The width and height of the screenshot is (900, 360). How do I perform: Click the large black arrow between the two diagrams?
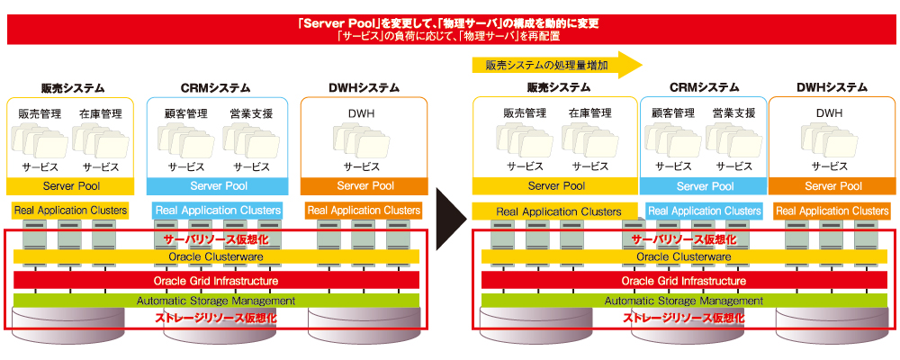point(451,219)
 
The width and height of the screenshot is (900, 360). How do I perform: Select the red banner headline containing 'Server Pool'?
point(449,24)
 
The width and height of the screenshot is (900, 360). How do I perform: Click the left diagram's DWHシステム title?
point(364,88)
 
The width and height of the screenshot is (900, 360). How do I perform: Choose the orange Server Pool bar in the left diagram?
point(364,186)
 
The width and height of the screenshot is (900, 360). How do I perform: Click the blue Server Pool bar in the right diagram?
point(705,186)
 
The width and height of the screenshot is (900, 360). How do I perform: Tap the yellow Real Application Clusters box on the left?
point(70,210)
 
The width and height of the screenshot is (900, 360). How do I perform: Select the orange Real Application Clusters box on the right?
point(832,211)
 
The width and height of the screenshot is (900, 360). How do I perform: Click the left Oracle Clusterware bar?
point(216,256)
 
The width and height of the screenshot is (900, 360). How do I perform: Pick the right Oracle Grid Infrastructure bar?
point(684,281)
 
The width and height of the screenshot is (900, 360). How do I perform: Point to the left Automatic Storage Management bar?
point(216,301)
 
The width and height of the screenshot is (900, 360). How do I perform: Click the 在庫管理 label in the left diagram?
point(101,113)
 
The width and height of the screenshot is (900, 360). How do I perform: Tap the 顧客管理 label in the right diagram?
point(673,112)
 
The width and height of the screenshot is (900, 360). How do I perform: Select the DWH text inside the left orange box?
point(362,113)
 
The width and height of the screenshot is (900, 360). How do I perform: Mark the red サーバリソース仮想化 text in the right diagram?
point(684,239)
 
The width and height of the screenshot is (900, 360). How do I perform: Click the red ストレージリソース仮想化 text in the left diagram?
point(216,318)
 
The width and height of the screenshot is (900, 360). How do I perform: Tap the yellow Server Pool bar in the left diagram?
point(71,186)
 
